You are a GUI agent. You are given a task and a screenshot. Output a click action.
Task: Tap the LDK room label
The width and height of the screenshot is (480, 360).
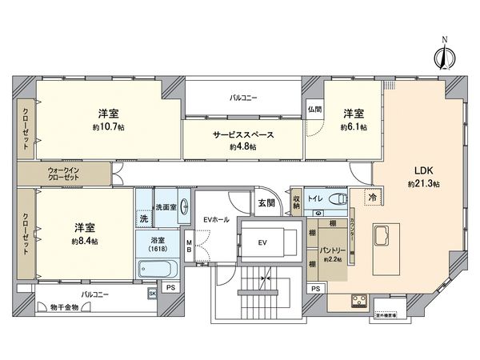422,170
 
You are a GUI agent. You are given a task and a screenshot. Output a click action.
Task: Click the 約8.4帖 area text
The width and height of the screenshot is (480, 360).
84,241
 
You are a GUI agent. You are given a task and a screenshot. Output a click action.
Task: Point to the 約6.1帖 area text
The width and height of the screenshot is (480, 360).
354,127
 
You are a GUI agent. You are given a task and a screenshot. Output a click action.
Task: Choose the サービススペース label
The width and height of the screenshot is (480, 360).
243,134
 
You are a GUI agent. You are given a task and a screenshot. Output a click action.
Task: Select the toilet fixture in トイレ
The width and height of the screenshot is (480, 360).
339,199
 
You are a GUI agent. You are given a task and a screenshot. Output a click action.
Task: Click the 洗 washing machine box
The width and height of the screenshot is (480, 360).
144,218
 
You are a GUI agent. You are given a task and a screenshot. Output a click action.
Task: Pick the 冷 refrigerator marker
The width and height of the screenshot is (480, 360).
372,197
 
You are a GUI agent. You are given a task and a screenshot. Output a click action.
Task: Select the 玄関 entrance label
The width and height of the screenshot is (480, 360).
266,202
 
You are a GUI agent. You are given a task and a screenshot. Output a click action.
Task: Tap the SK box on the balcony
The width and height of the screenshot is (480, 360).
152,294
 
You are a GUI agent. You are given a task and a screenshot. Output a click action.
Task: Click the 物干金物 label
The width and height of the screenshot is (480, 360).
66,308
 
